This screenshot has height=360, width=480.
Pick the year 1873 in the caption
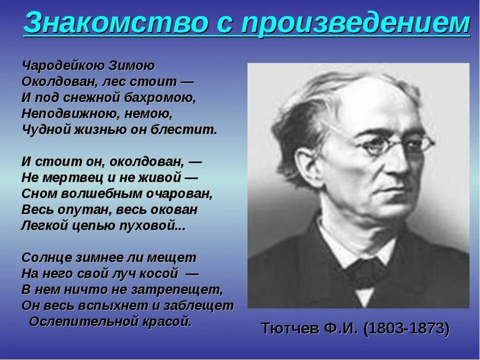click(x=426, y=328)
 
